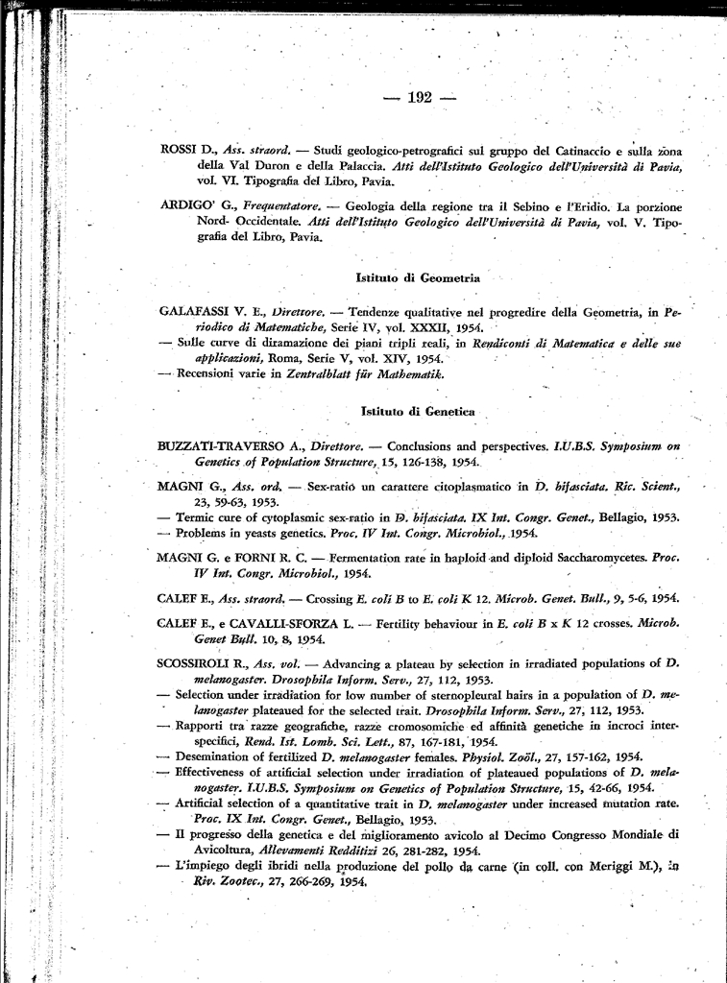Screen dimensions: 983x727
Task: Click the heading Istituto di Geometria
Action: (418, 277)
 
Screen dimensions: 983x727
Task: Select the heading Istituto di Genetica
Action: (418, 411)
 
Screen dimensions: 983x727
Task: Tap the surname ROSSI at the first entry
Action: (179, 151)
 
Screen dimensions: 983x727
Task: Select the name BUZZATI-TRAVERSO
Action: (224, 446)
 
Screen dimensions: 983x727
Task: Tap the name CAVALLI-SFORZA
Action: (294, 624)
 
